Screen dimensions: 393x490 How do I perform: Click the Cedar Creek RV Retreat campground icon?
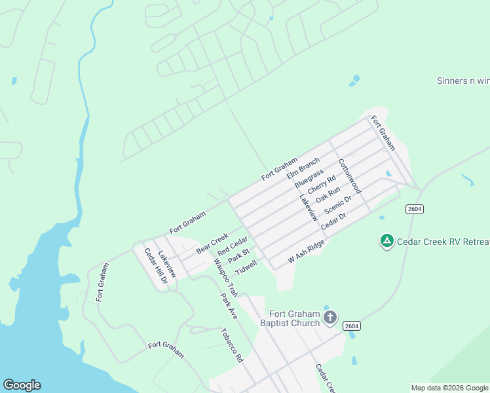(x=387, y=242)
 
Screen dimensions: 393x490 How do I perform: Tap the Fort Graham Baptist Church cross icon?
(x=330, y=318)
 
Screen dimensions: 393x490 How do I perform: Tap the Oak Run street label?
(x=328, y=195)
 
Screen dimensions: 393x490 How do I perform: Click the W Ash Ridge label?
(x=307, y=252)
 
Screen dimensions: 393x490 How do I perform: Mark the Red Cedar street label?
(x=233, y=246)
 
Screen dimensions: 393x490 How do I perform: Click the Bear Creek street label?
(x=212, y=243)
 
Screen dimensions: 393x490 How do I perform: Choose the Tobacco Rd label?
(x=232, y=345)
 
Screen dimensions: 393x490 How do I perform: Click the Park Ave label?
(x=229, y=306)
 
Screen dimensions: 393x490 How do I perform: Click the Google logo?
(x=22, y=385)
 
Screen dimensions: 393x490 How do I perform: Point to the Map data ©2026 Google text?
(x=449, y=388)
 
